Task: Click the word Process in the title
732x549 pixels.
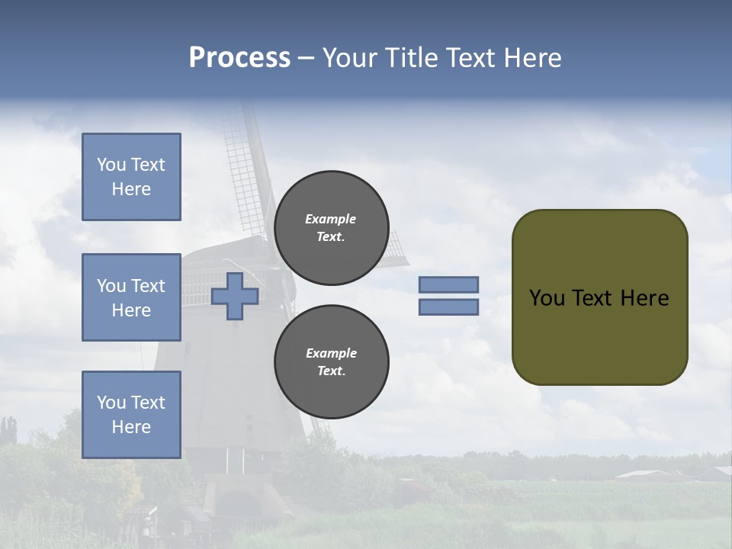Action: point(239,57)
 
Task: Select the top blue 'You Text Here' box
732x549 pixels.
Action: point(131,177)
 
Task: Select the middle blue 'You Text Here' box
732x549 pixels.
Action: point(131,297)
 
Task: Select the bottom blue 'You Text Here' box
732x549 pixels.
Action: point(131,414)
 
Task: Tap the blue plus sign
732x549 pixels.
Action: point(235,296)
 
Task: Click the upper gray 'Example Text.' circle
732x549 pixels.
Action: point(331,227)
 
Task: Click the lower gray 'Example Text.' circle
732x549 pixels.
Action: point(331,361)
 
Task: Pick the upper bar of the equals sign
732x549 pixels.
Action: point(448,284)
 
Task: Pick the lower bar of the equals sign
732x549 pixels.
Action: point(448,307)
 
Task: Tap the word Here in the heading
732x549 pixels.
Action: point(533,58)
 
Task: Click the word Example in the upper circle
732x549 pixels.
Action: point(331,219)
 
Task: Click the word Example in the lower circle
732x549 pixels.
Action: point(331,353)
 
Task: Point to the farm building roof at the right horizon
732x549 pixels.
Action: point(644,474)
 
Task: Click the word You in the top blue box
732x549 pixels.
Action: point(111,165)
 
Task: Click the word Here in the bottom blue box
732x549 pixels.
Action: point(131,427)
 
